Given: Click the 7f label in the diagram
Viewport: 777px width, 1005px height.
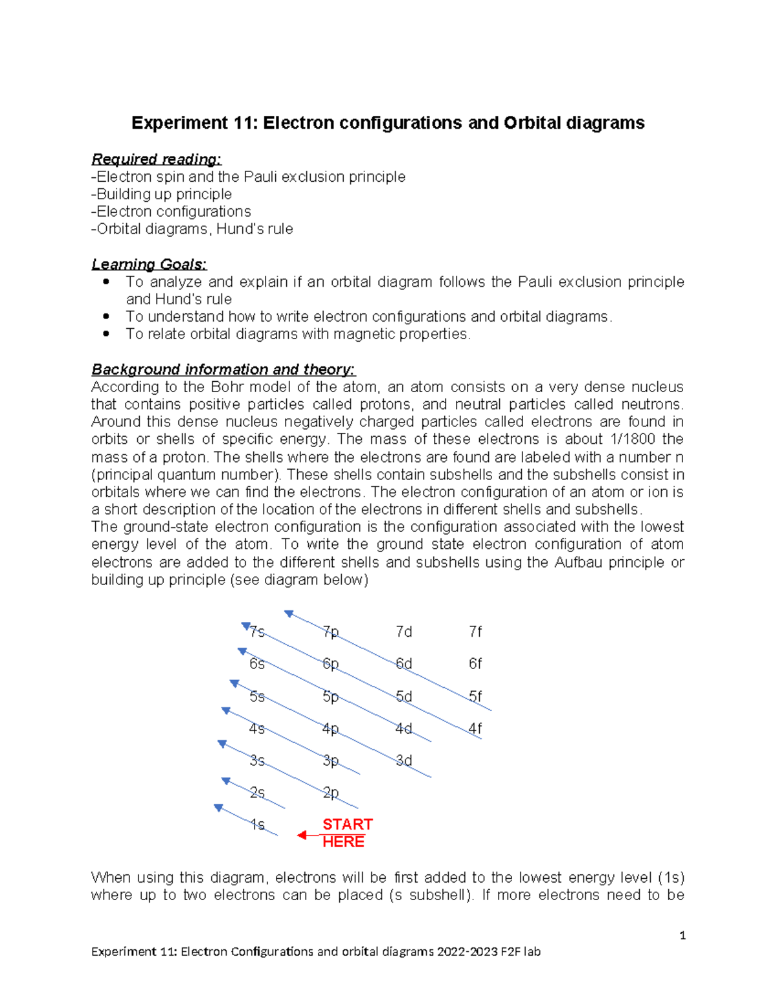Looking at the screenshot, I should (475, 632).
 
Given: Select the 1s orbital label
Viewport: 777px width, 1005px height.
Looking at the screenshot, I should (258, 824).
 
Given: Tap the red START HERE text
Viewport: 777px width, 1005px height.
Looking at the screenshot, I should (346, 833).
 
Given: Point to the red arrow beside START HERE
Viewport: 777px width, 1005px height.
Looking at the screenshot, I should (308, 835).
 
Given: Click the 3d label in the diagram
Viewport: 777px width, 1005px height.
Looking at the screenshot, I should (404, 760).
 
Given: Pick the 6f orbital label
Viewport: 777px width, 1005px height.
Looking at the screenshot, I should (475, 664).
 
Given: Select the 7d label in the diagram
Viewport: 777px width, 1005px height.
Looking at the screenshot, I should (404, 632).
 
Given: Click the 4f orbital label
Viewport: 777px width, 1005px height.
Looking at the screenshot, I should (475, 729).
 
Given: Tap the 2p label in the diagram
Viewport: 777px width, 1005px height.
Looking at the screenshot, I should (331, 793).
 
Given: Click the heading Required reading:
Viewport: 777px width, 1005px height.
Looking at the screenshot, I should (156, 159).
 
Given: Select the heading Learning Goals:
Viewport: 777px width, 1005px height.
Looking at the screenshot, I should (149, 264).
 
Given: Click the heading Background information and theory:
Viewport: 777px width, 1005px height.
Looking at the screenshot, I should (223, 370).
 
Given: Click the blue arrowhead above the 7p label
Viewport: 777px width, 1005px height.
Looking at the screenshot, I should (289, 613).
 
